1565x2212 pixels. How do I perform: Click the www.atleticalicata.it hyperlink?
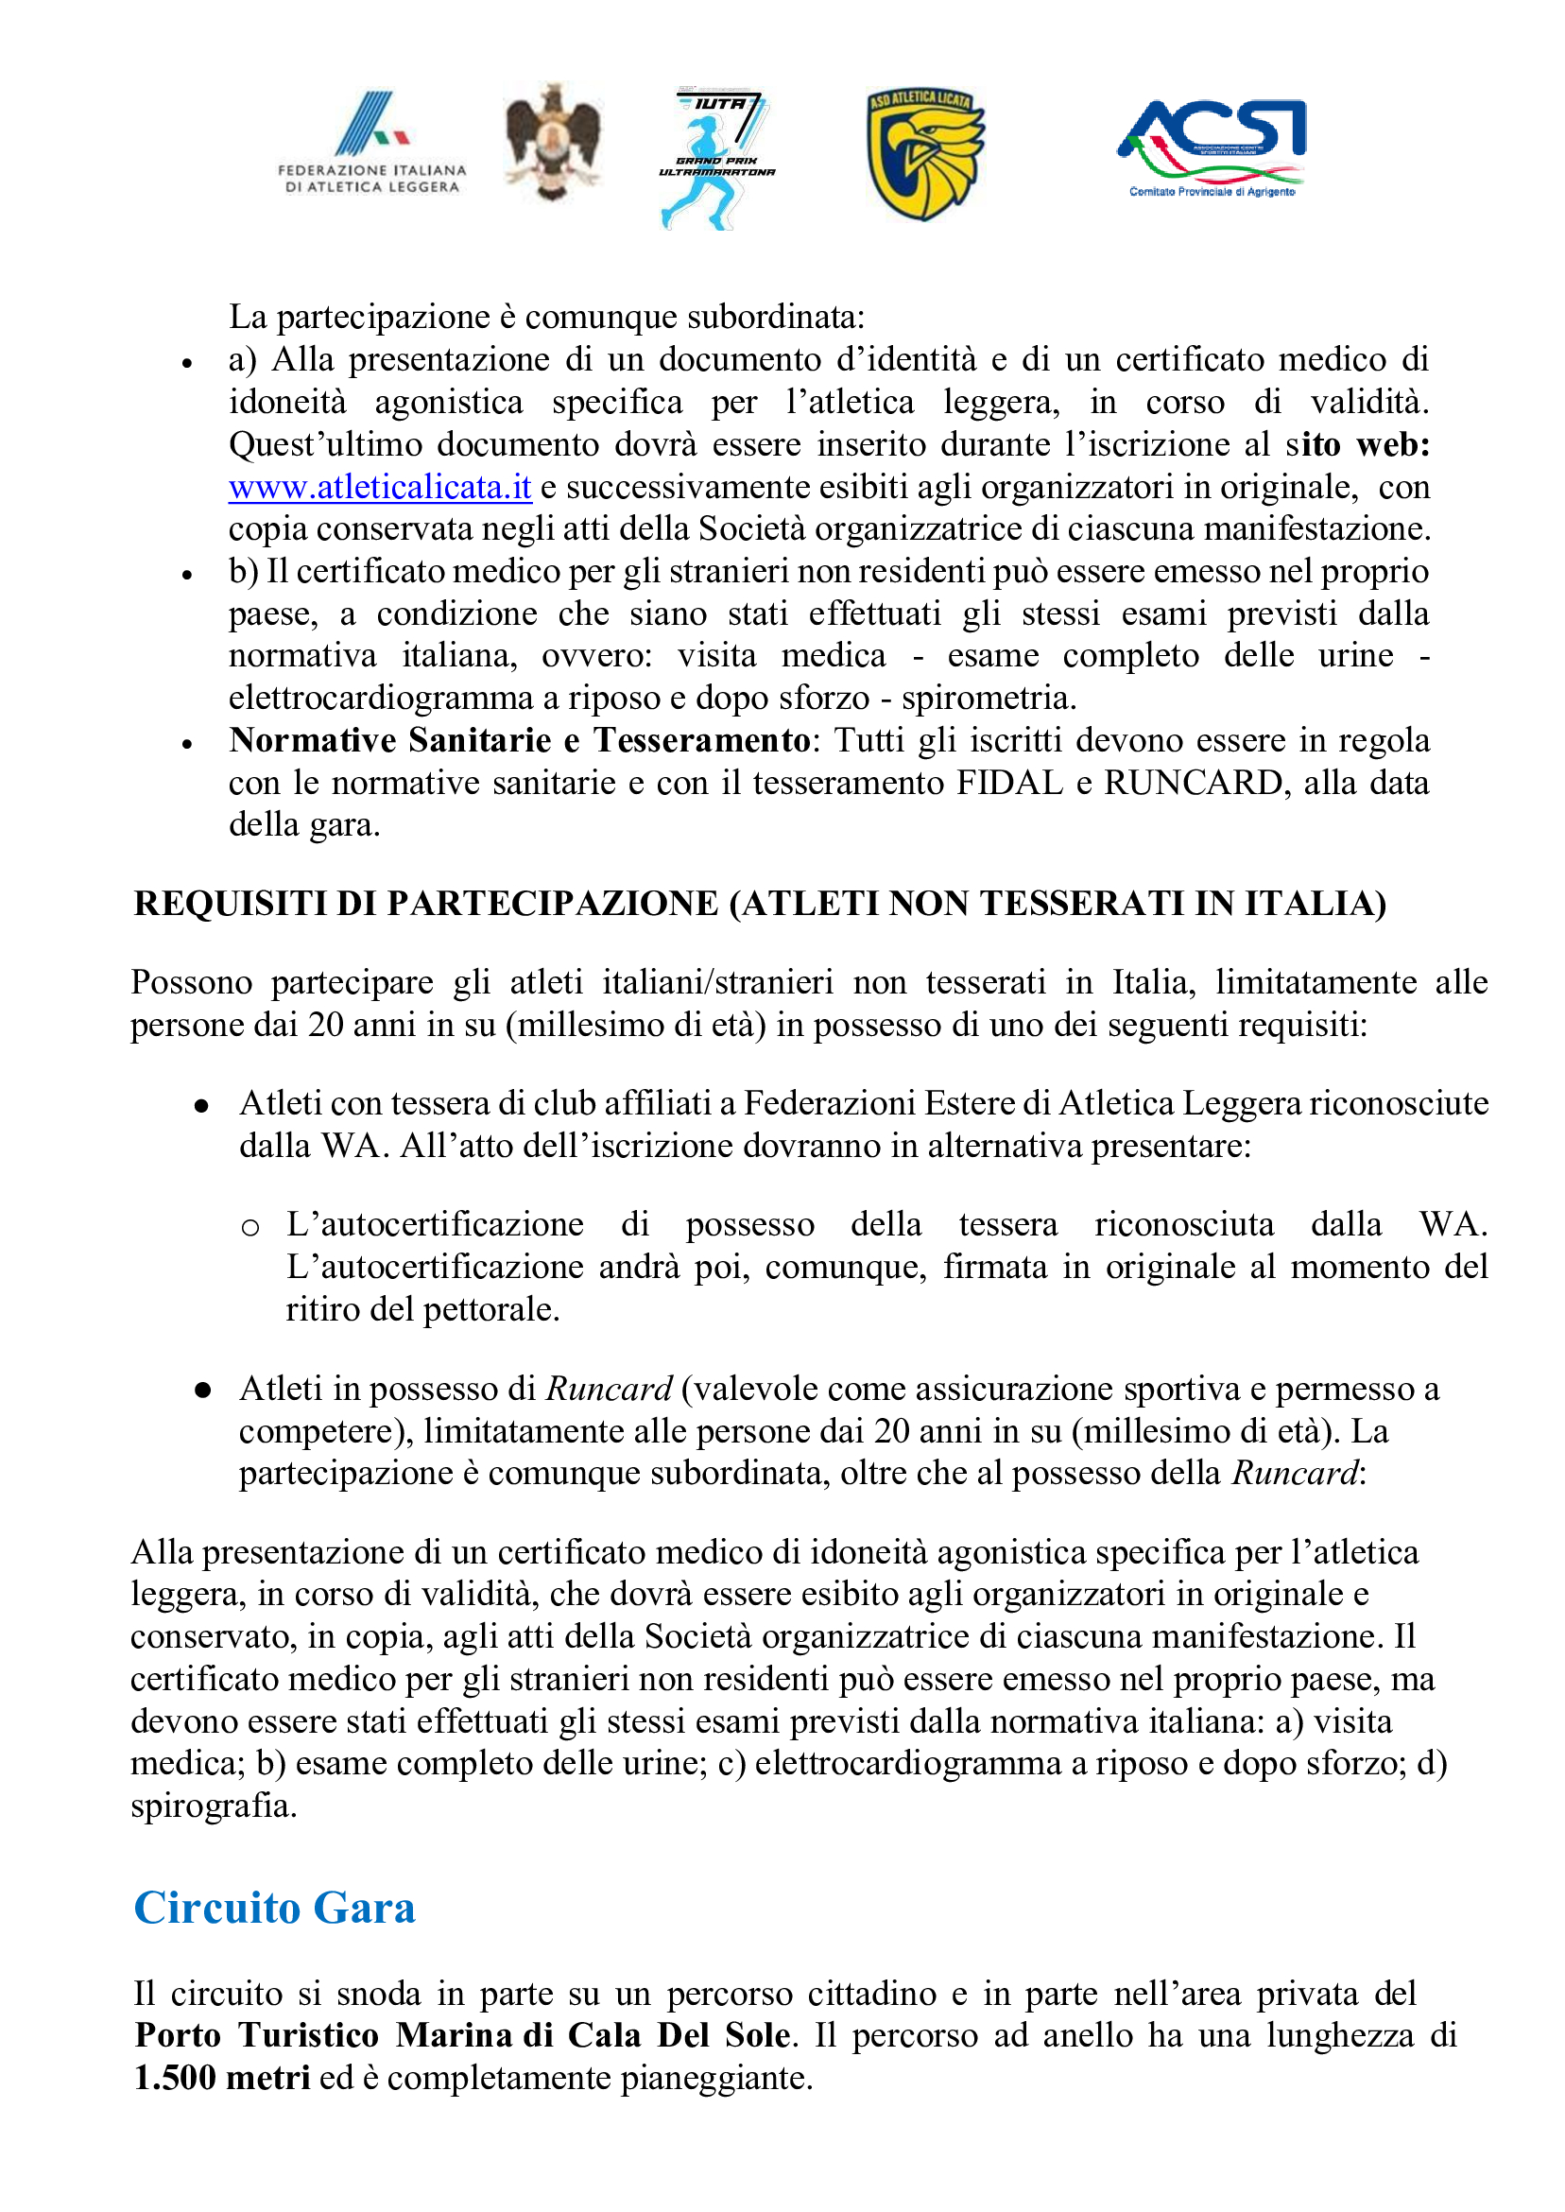[x=380, y=487]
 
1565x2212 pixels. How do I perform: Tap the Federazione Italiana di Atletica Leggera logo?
[x=372, y=143]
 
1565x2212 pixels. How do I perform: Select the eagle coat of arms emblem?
[x=552, y=143]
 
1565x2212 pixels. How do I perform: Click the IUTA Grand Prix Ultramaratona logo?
[x=716, y=159]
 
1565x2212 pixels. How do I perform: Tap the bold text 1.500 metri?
[x=222, y=2077]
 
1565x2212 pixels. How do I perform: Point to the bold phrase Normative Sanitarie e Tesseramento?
[x=520, y=740]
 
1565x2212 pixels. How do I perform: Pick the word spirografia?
[x=213, y=1806]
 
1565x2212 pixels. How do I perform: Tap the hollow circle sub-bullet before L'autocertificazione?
[x=250, y=1227]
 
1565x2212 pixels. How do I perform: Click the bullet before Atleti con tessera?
[x=201, y=1107]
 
